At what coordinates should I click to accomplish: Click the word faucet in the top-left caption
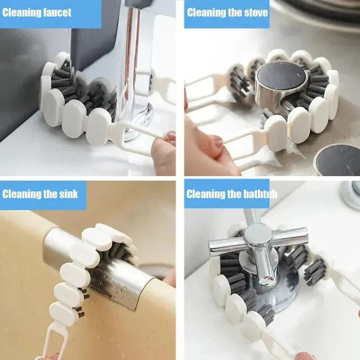click(x=56, y=12)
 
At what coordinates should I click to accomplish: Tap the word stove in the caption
click(x=253, y=12)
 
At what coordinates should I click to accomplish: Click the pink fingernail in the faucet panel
click(x=171, y=135)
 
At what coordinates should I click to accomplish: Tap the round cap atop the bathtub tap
click(x=258, y=234)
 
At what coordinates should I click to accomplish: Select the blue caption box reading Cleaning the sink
click(x=43, y=194)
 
